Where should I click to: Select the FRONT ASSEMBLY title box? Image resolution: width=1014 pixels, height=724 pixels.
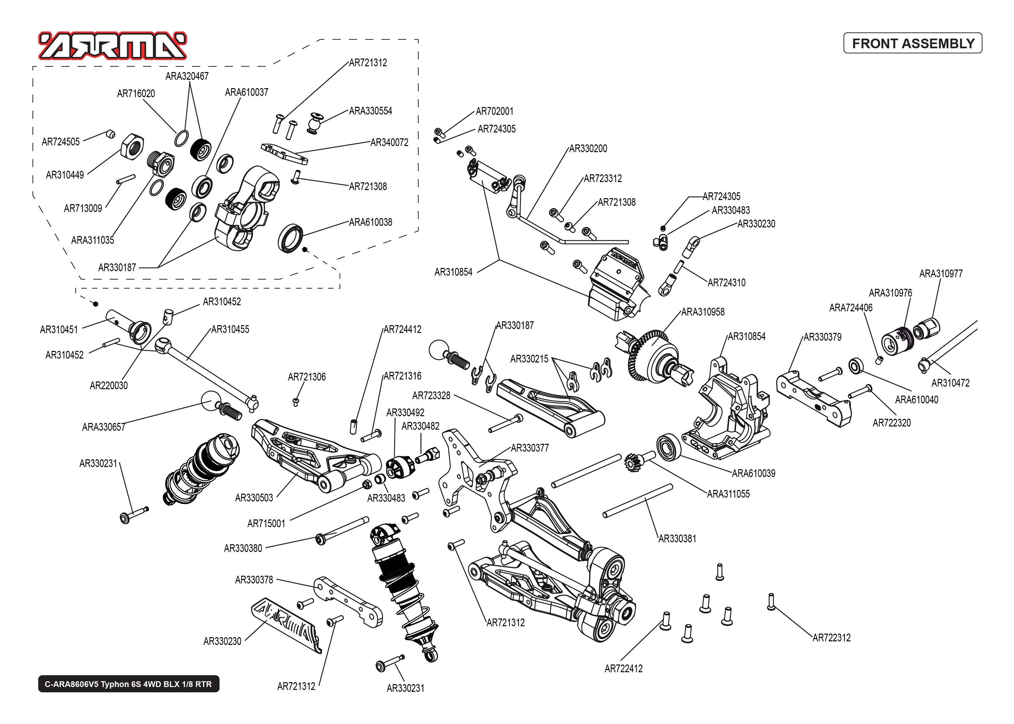tap(912, 43)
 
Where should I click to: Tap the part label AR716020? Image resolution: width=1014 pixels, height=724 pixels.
tap(136, 94)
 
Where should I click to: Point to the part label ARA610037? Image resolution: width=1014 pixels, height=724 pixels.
tap(247, 92)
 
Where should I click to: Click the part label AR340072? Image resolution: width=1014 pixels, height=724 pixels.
tap(389, 143)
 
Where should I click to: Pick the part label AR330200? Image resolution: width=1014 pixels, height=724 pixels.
tap(588, 149)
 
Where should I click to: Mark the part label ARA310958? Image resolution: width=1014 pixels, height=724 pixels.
tap(703, 312)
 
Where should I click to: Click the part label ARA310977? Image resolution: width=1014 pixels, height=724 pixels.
tap(941, 274)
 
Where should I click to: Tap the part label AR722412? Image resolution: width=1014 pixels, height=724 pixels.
tap(623, 669)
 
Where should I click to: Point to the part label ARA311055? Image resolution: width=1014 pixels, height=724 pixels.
tap(728, 494)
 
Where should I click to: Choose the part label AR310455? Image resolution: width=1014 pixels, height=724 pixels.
tap(230, 329)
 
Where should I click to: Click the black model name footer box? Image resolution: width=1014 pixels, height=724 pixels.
tap(128, 684)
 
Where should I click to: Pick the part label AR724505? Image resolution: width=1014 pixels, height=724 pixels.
tap(60, 142)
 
